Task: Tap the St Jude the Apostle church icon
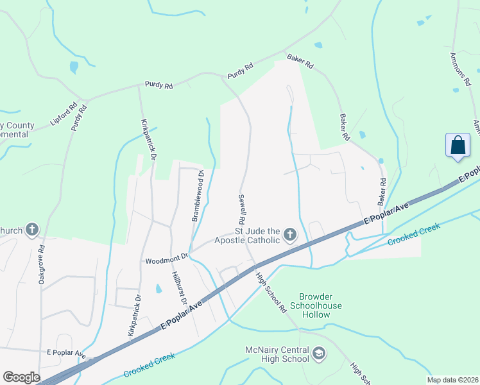pos(290,235)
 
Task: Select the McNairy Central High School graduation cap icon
pos(319,353)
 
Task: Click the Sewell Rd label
pos(243,209)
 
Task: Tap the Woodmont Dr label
pos(166,260)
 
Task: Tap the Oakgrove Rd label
pos(41,265)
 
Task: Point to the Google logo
pos(21,377)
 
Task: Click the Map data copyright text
pos(452,380)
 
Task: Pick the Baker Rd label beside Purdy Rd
pos(300,62)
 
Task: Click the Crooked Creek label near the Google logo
pos(149,364)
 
